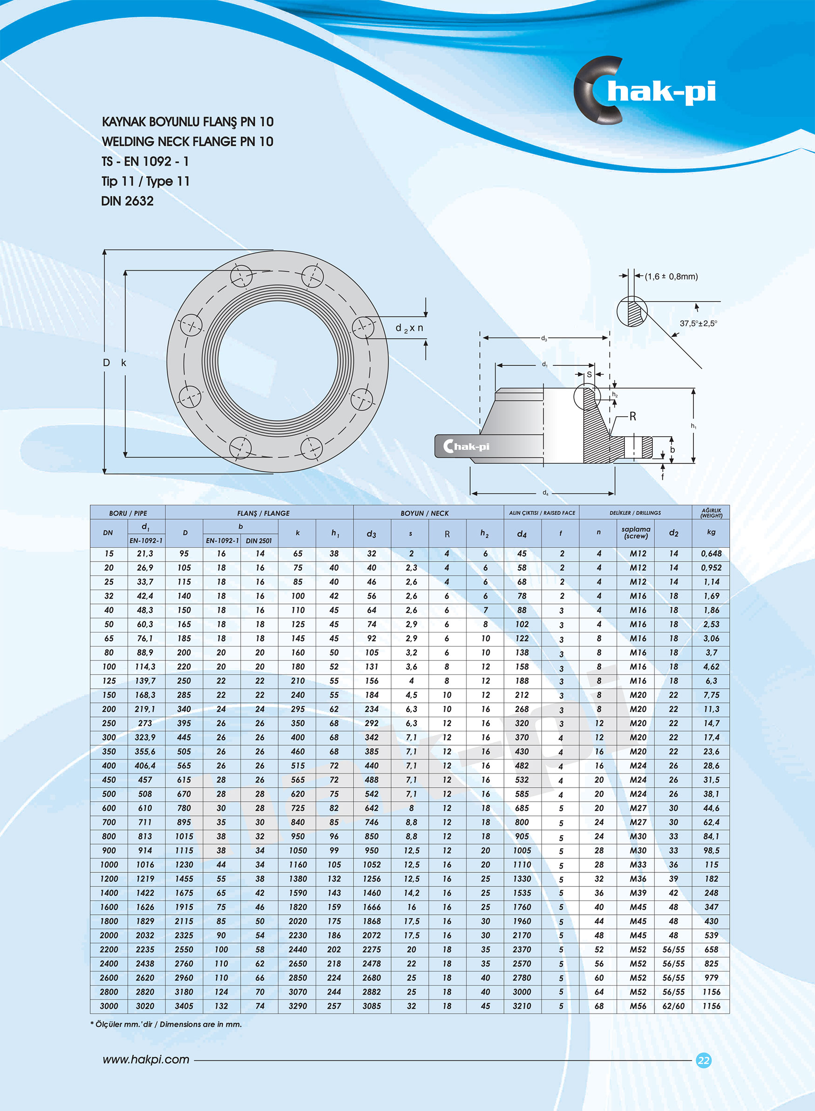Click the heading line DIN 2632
127,201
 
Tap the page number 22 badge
704,1060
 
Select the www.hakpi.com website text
145,1059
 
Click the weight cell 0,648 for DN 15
711,554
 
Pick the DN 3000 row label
109,1006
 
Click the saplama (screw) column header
635,533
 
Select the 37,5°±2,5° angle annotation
698,323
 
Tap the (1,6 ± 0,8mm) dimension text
671,276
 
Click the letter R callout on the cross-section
632,417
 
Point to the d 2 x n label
409,328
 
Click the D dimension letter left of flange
106,363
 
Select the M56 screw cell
638,1006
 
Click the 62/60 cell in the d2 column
673,1006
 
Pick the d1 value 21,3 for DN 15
145,554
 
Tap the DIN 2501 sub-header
259,541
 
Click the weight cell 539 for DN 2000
711,935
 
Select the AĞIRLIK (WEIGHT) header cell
711,513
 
